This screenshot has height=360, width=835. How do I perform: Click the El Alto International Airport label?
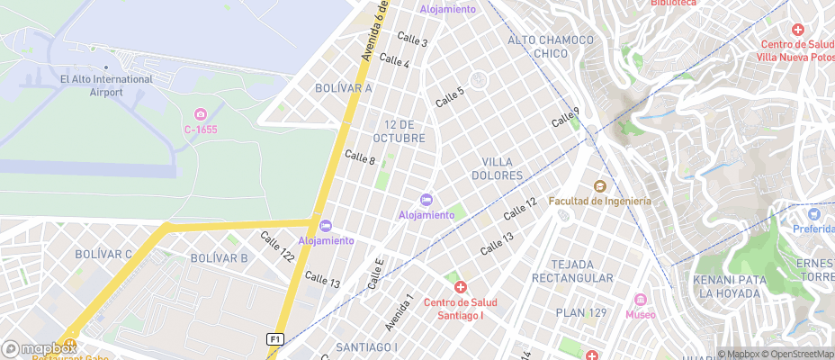click(106, 85)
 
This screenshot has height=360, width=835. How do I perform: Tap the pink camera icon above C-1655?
click(201, 114)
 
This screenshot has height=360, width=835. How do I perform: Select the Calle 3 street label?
click(412, 40)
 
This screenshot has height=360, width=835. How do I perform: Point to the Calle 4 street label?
click(394, 61)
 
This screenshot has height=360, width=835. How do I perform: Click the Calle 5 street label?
click(450, 96)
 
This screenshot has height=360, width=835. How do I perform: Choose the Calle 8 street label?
click(360, 158)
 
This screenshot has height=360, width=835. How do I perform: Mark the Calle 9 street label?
click(565, 117)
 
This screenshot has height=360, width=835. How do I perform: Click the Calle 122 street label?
click(277, 247)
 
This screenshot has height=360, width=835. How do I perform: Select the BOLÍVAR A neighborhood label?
click(344, 88)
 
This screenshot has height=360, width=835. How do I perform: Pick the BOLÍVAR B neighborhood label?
click(219, 258)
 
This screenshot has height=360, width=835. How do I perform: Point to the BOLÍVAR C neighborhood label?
click(103, 255)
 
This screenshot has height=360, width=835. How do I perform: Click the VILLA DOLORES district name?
click(497, 168)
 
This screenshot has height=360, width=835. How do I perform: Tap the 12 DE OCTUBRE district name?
click(404, 131)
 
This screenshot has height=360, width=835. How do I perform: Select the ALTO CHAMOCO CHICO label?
click(551, 47)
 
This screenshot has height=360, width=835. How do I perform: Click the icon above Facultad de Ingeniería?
click(598, 185)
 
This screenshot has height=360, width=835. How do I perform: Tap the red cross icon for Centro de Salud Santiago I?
click(461, 287)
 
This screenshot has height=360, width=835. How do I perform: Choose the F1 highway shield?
click(275, 338)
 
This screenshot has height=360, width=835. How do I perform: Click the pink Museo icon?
click(641, 300)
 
